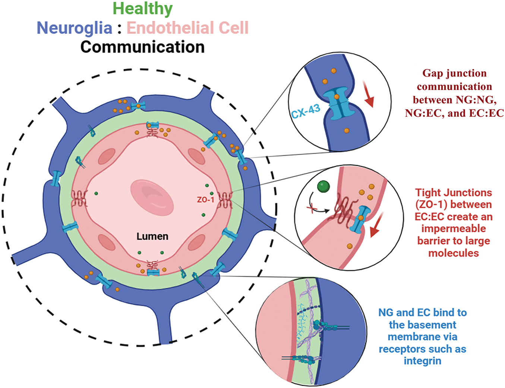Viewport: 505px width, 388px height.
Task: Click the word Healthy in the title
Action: tap(142, 9)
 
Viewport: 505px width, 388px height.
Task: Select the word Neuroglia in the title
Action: tap(75, 28)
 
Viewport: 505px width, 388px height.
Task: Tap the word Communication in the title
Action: tap(142, 47)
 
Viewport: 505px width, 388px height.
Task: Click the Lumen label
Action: tap(152, 236)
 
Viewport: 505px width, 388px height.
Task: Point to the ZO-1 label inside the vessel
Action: tap(205, 199)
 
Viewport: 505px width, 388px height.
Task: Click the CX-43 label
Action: tap(306, 111)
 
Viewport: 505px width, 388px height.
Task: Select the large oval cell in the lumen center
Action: tap(152, 198)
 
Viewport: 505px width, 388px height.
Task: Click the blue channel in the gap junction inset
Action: tap(338, 103)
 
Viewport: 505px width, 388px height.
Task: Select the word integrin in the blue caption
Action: tap(422, 361)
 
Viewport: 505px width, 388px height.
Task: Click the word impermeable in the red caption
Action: tap(454, 228)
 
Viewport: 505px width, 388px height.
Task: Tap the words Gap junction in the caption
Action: tap(454, 73)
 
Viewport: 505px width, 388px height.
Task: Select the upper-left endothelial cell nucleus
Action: tap(107, 157)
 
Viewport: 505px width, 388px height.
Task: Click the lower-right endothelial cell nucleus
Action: tap(197, 242)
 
